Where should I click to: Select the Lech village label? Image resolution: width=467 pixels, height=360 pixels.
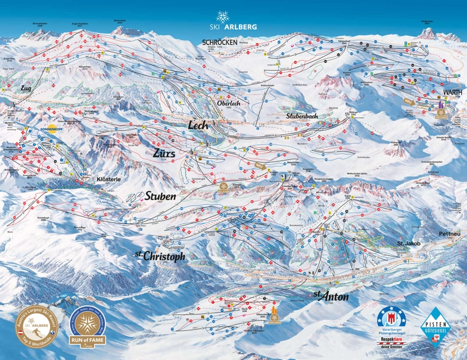click(x=198, y=125)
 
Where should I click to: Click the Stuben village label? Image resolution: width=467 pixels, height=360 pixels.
click(x=162, y=196)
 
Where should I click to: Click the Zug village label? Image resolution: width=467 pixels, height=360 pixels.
click(x=24, y=90)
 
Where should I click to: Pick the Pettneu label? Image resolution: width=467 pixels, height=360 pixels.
click(x=449, y=233)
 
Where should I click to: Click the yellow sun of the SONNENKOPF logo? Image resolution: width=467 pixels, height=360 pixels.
click(x=53, y=128)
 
